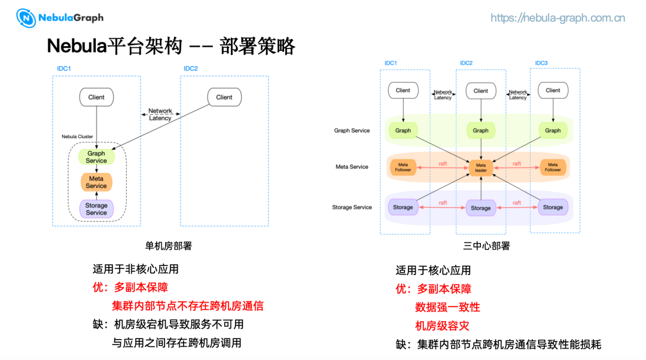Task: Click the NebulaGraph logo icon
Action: tap(26, 18)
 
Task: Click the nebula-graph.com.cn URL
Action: tap(557, 18)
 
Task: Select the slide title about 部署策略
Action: tap(171, 46)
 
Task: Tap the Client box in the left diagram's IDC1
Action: tap(96, 97)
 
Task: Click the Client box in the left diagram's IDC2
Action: tap(224, 97)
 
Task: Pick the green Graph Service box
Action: tap(96, 157)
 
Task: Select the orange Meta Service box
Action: tap(96, 182)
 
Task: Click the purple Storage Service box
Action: tap(96, 209)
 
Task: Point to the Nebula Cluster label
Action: tap(77, 137)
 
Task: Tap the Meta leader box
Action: tap(481, 167)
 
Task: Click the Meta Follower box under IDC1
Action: tap(403, 167)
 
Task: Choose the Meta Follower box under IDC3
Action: tap(553, 167)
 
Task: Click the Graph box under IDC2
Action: tap(481, 130)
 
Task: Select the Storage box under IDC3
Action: tap(553, 208)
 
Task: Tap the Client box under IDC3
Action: tap(553, 91)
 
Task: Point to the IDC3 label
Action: tap(541, 63)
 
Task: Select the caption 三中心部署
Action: tap(486, 246)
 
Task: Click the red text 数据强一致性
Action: tap(447, 307)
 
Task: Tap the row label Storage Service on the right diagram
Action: tap(352, 208)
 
